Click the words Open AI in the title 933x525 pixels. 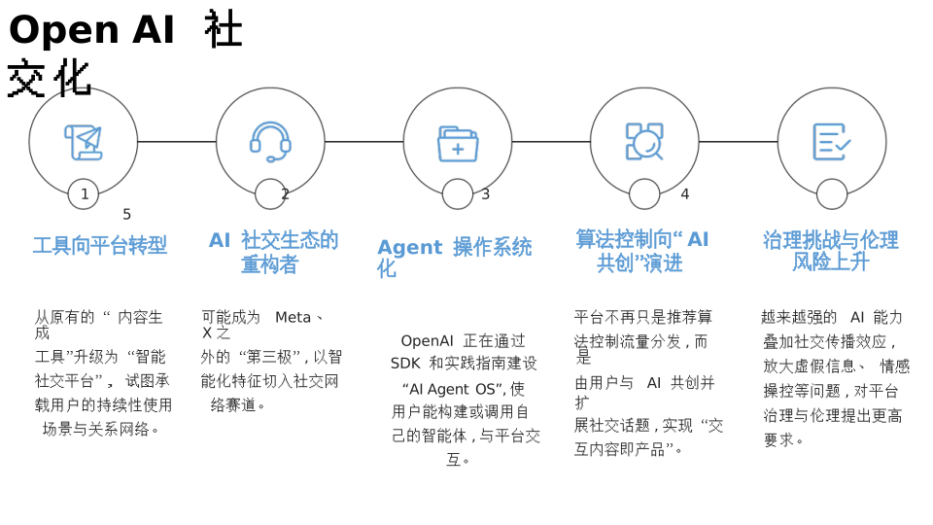[91, 29]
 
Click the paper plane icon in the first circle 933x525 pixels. [84, 143]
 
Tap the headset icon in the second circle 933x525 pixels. [270, 142]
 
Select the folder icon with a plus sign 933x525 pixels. [458, 143]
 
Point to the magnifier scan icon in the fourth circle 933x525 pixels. [644, 142]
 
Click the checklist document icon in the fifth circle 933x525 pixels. [831, 142]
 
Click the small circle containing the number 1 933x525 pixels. [84, 193]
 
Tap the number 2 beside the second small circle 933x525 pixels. [285, 194]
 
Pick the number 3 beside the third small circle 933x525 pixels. [485, 194]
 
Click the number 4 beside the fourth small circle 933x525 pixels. [684, 194]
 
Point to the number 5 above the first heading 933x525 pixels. [126, 215]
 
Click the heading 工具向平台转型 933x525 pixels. [100, 246]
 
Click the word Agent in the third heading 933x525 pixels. [409, 248]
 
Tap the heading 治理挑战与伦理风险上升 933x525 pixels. [830, 251]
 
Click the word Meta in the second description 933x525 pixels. [293, 318]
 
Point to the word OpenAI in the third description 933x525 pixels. [427, 341]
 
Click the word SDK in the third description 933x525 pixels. [405, 364]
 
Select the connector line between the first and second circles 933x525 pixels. [177, 142]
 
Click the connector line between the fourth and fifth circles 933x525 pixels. [738, 142]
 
